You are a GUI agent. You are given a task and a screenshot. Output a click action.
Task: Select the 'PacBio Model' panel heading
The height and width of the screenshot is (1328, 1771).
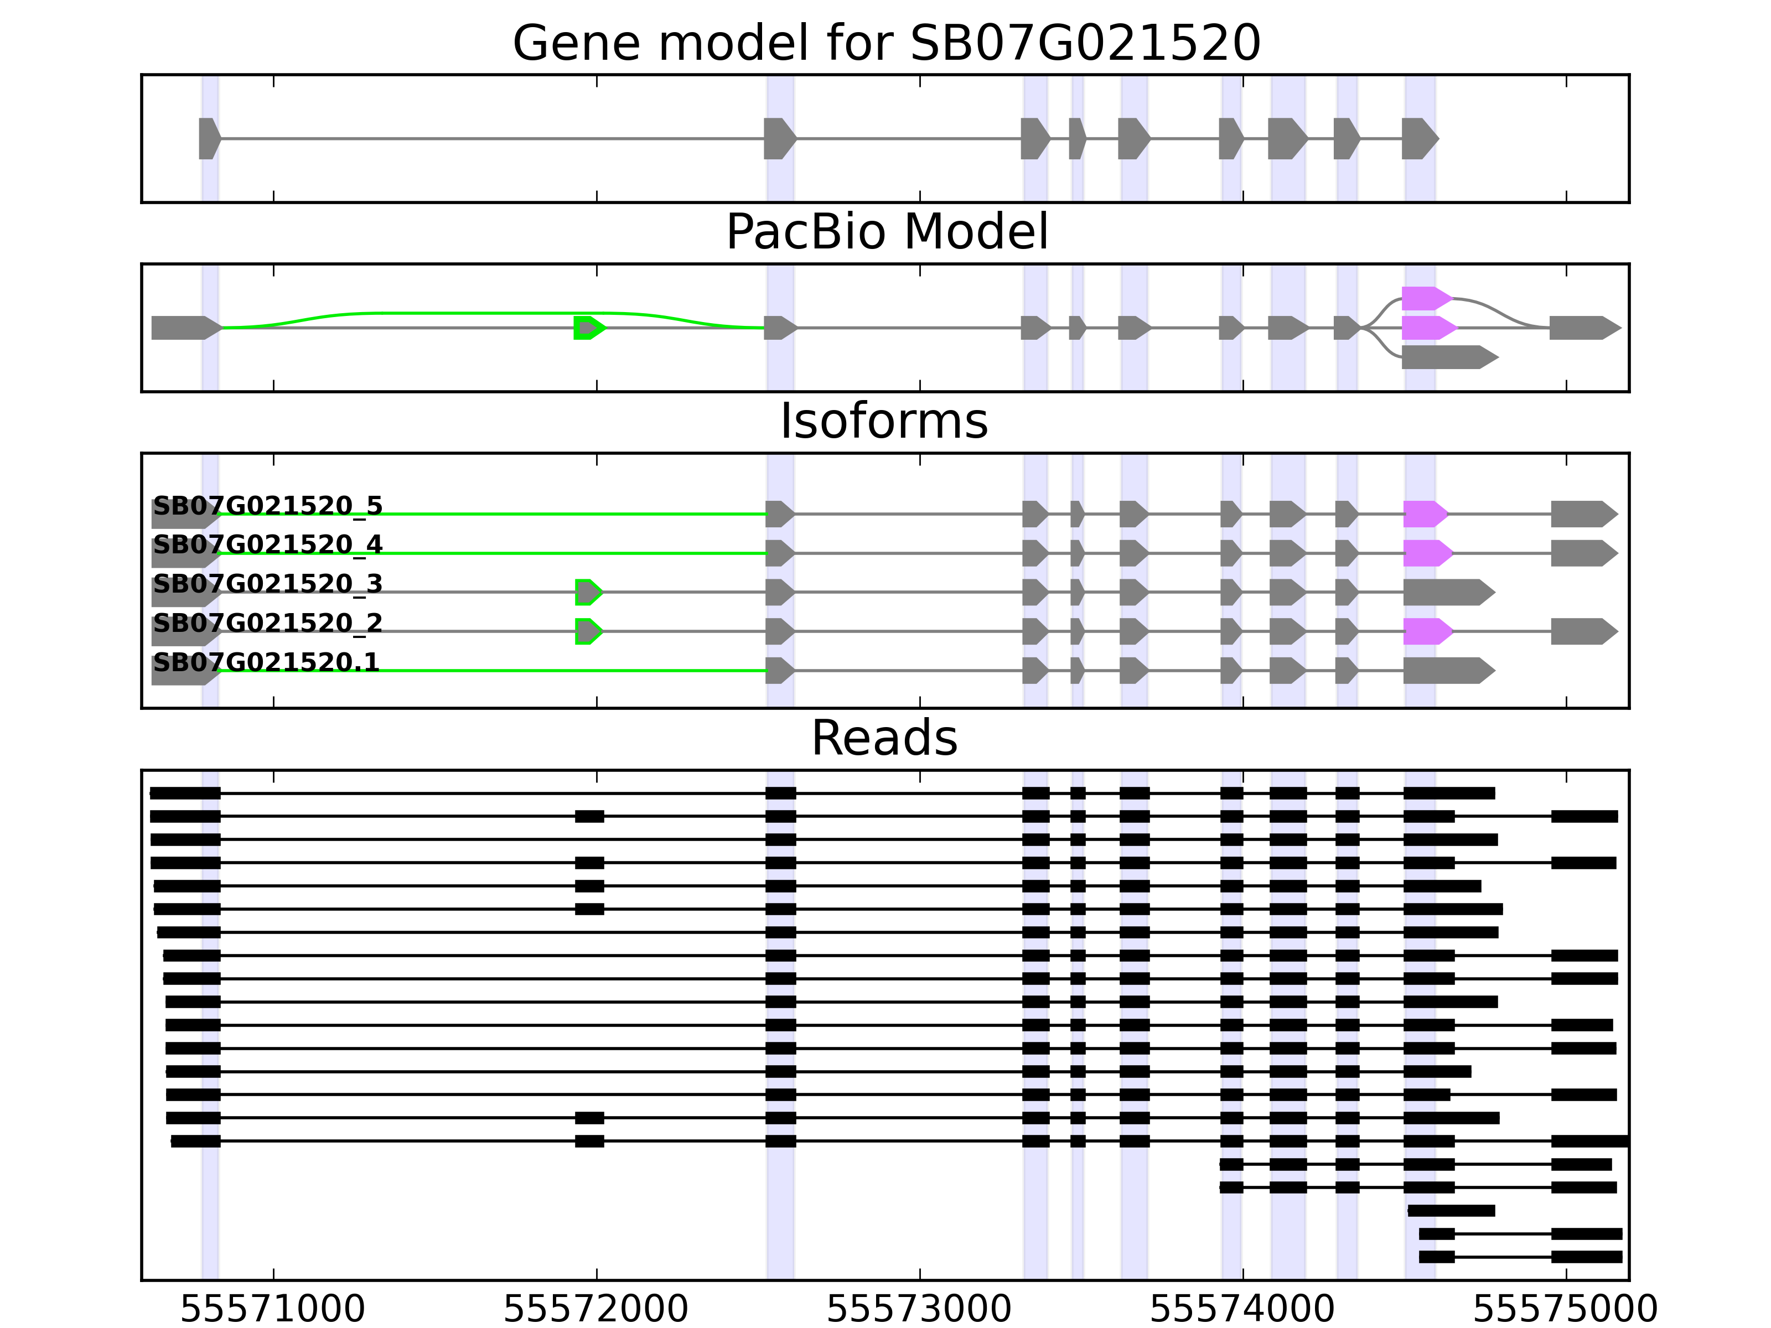(885, 232)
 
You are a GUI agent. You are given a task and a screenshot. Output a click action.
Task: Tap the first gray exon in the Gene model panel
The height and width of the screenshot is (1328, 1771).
(209, 138)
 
